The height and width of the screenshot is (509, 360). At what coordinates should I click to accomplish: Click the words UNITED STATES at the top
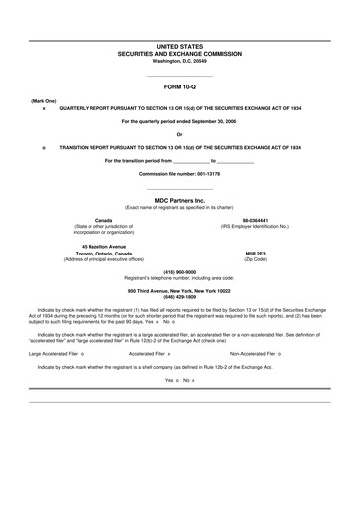180,47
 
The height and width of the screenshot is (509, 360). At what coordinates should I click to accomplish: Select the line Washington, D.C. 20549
180,61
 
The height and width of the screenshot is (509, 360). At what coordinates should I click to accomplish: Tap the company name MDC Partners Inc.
180,200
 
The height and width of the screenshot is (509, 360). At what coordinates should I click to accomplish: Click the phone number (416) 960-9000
180,271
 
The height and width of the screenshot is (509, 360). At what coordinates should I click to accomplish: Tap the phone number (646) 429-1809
180,297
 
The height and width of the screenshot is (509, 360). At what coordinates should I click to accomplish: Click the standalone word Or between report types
180,133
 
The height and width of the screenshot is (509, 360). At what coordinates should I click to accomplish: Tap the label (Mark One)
43,101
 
